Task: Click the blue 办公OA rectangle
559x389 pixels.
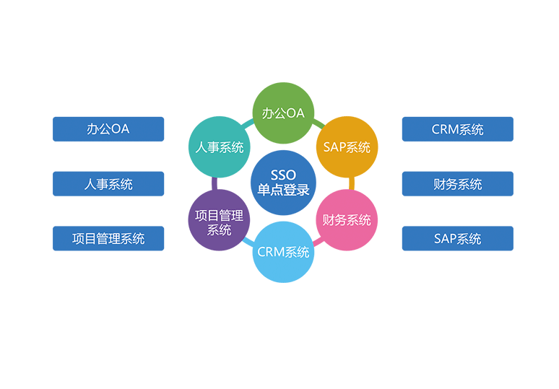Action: tap(108, 129)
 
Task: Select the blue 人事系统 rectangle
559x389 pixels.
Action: tap(108, 183)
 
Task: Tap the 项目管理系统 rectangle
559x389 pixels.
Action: tap(108, 238)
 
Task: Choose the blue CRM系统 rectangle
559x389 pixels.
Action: tap(457, 129)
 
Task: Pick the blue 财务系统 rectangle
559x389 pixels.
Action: tap(457, 183)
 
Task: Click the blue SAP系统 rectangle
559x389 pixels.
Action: tap(457, 238)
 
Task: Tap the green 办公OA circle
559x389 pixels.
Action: tap(283, 113)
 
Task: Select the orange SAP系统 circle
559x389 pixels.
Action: tap(347, 147)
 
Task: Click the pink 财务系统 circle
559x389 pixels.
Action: tap(347, 219)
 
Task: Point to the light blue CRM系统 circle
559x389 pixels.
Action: tap(283, 252)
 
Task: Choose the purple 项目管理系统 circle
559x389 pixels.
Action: tap(219, 219)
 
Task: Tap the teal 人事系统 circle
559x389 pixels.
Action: tap(219, 147)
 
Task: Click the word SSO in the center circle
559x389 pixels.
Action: tap(283, 175)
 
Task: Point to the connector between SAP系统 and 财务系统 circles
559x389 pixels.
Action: tap(352, 183)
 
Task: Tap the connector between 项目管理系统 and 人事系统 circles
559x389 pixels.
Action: tap(214, 183)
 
